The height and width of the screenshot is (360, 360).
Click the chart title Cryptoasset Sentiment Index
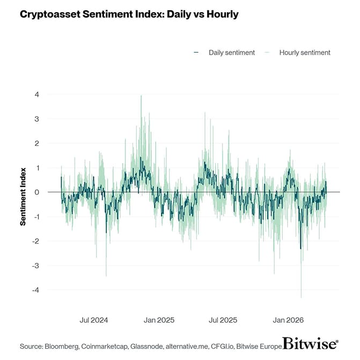pos(129,14)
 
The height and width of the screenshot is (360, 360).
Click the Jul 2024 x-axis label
pos(94,320)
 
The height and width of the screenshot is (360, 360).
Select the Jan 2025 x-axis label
pos(159,320)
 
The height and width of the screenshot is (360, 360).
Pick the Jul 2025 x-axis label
pos(223,320)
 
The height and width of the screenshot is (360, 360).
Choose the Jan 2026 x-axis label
pos(288,320)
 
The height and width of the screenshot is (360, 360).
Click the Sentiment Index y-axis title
pos(23,192)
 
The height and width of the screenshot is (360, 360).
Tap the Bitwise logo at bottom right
pos(310,344)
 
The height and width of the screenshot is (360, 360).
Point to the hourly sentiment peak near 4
pos(141,96)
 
